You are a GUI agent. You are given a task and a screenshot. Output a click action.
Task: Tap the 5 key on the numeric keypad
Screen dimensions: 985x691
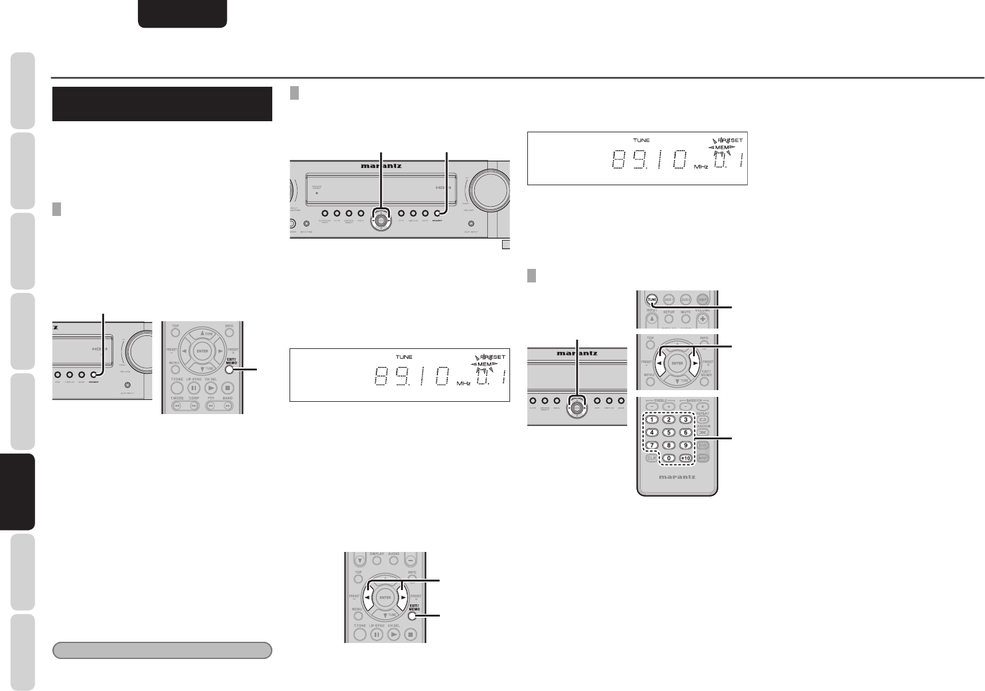[x=668, y=432]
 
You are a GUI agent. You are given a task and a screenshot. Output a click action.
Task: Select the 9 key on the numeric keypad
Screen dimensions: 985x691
[x=686, y=445]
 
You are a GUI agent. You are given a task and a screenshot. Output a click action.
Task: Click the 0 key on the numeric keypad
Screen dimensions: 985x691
[x=668, y=458]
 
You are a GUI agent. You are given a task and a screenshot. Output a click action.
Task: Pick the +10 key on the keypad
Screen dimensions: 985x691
[x=686, y=458]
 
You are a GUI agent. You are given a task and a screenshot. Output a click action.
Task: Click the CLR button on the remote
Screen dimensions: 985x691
[x=651, y=458]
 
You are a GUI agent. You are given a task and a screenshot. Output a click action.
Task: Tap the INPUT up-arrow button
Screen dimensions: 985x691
[x=652, y=319]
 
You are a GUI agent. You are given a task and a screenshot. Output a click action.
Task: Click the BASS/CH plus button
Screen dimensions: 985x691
[x=703, y=407]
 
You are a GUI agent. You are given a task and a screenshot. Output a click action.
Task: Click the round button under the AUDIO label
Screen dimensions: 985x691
[x=394, y=561]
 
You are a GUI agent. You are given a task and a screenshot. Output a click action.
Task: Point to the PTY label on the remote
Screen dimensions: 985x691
[x=211, y=398]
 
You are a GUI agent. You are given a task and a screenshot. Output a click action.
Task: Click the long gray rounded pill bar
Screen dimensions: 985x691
[x=163, y=650]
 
